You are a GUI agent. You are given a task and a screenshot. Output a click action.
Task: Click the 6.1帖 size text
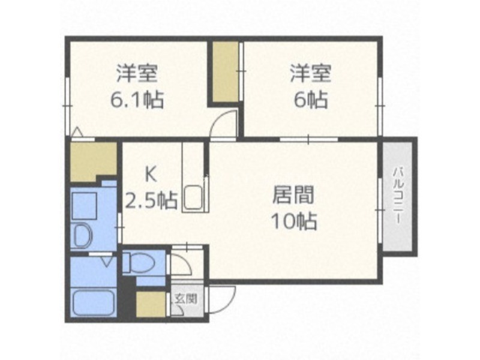pos(137,99)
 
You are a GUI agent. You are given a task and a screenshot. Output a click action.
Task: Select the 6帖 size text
pos(311,99)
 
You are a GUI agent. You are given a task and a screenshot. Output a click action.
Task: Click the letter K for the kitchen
pos(150,175)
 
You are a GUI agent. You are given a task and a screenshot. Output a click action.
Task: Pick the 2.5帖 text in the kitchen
pos(152,200)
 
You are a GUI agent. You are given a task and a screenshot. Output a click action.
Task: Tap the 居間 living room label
pos(293,195)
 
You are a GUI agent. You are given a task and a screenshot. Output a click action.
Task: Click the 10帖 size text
pos(294,221)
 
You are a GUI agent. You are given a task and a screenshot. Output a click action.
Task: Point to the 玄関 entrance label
pos(185,298)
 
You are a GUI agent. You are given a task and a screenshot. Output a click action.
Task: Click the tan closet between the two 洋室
pos(226,71)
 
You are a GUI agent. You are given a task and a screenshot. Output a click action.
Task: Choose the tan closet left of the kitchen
pos(93,161)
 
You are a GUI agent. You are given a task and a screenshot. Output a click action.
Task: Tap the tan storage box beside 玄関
pos(151,304)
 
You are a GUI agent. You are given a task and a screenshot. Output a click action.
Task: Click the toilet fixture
pos(139,263)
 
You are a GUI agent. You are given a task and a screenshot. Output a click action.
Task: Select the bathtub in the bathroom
pos(94,302)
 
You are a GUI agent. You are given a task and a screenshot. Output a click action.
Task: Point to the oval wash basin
pos(83,236)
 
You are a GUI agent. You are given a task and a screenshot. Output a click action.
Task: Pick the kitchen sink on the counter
pos(193,198)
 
